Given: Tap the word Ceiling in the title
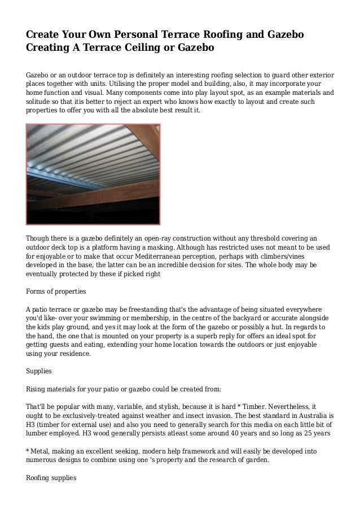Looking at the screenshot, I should pyautogui.click(x=145, y=49).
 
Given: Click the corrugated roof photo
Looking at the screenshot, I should pyautogui.click(x=94, y=175).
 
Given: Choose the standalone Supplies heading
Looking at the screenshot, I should pyautogui.click(x=39, y=372).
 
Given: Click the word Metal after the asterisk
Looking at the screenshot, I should pyautogui.click(x=42, y=452).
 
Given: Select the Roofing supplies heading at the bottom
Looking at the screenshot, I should pyautogui.click(x=51, y=478).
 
